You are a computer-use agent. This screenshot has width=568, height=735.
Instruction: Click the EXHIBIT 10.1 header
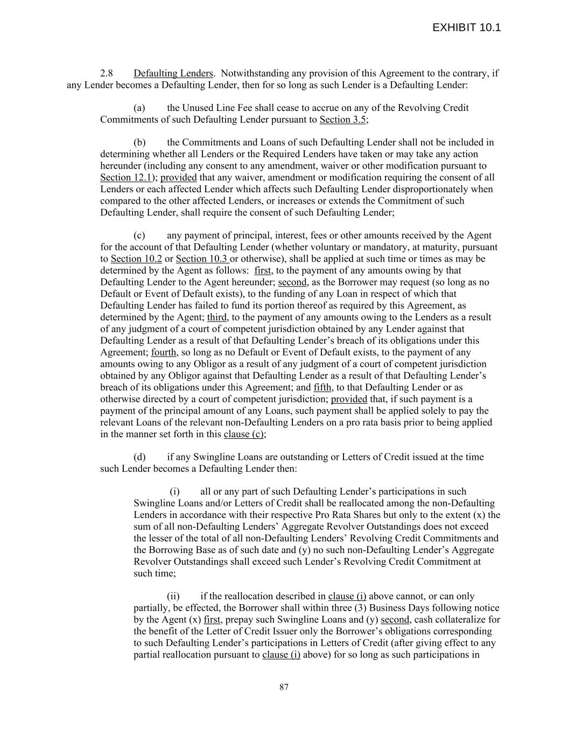[466, 27]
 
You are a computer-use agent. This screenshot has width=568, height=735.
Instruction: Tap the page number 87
[284, 687]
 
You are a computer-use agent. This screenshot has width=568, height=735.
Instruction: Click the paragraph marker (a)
[139, 108]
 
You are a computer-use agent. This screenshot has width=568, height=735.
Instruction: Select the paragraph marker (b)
[139, 143]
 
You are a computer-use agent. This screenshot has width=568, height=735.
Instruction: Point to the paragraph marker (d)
[139, 457]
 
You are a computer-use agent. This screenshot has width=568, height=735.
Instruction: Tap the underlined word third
[217, 317]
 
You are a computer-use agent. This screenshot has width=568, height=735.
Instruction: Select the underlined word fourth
[164, 352]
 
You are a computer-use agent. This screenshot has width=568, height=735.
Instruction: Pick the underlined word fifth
[322, 387]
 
